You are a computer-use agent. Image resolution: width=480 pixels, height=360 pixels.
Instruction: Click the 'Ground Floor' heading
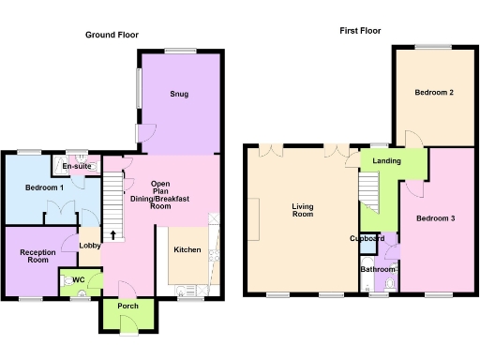(112, 35)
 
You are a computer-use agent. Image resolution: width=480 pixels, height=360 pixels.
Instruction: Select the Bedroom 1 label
(44, 187)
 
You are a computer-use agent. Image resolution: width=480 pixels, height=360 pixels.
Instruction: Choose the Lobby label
(90, 247)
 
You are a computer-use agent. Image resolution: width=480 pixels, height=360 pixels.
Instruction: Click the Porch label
(127, 306)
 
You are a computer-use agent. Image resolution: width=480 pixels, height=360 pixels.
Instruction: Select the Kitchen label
(187, 250)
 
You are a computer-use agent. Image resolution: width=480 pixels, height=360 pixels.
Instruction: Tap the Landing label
(386, 161)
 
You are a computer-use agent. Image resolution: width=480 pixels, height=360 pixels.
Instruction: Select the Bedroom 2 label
(433, 93)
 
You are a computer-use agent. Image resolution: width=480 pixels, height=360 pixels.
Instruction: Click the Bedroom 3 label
(435, 218)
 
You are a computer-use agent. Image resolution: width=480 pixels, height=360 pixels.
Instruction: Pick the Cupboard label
(367, 238)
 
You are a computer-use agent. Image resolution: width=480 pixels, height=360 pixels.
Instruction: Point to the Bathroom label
(379, 270)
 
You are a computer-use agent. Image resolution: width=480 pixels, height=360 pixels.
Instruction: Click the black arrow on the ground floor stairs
(113, 234)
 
